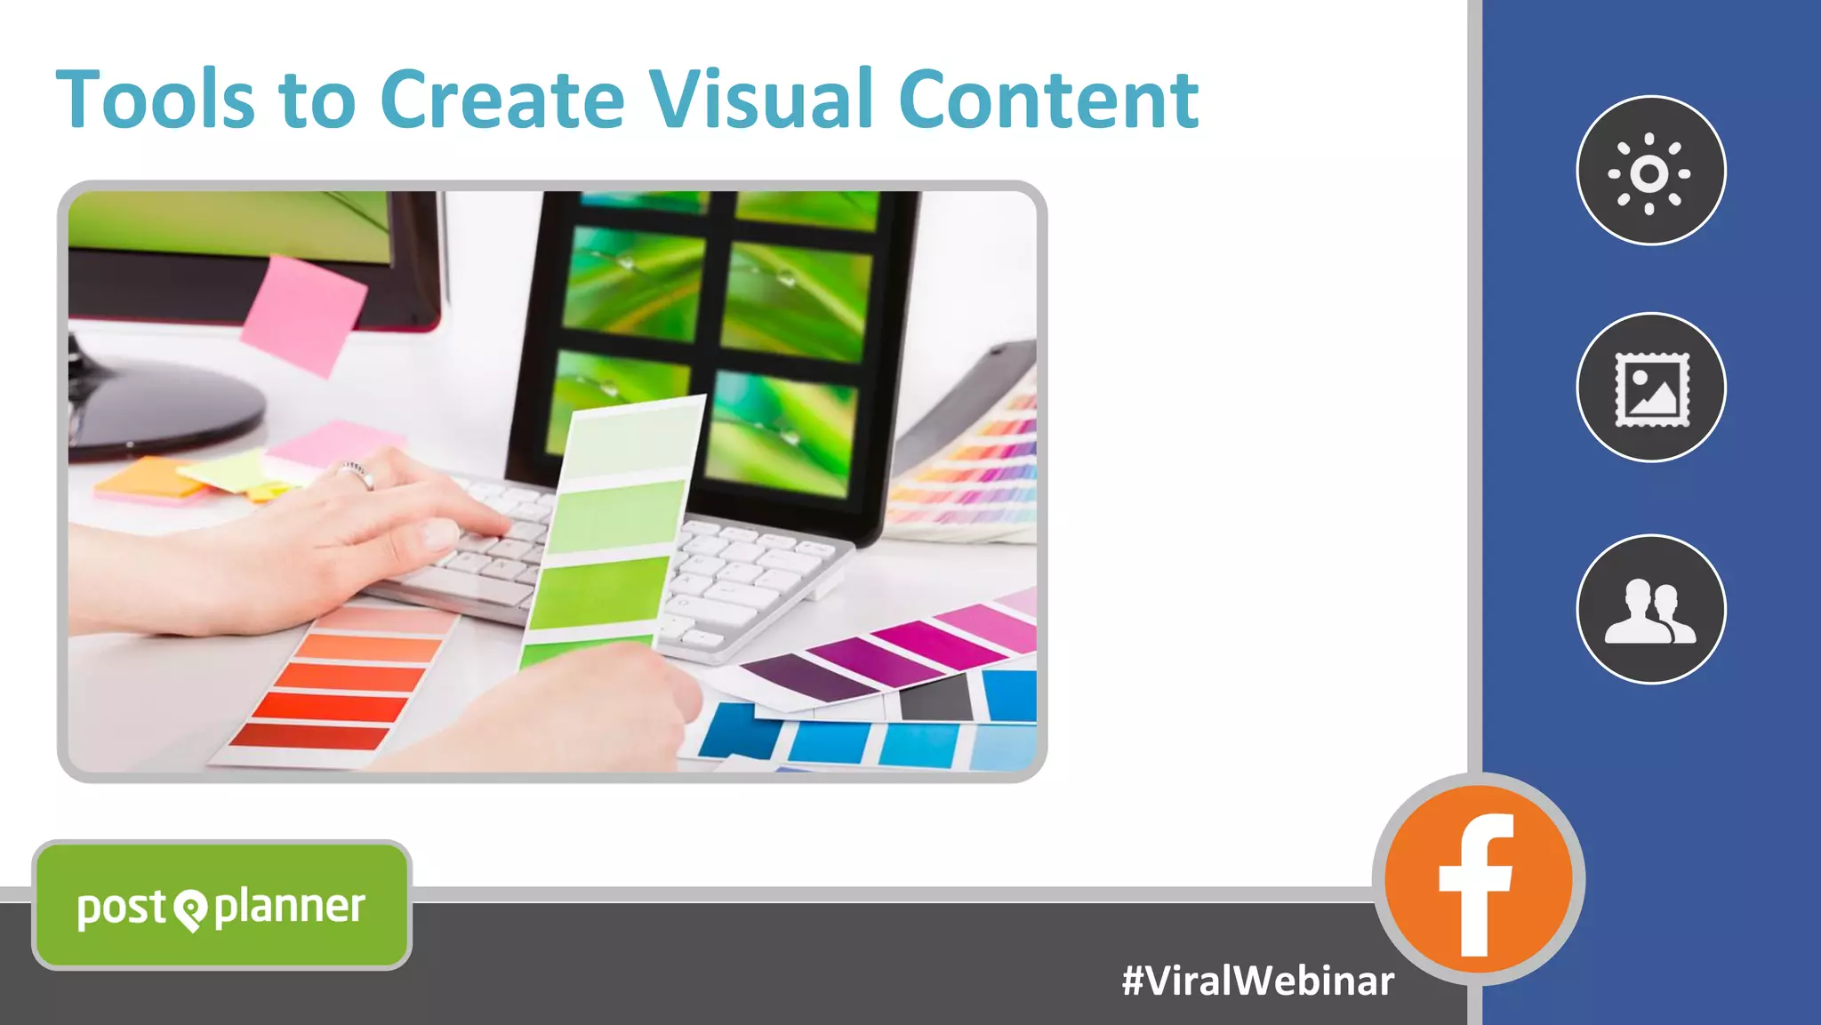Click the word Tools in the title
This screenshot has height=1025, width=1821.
[156, 100]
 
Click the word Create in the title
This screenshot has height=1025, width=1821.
[502, 100]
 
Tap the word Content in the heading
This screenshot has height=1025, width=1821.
[1048, 100]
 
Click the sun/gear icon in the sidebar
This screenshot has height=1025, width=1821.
[1650, 171]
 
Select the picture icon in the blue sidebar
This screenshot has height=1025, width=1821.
[1650, 388]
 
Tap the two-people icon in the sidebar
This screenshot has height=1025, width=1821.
[1650, 610]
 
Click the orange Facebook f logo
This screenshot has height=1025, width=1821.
[1478, 879]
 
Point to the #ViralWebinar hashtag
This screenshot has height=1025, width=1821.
[1257, 981]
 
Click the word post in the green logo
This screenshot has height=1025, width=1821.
[121, 908]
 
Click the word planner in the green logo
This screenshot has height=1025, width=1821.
[290, 908]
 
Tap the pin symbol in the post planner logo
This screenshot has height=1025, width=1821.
[190, 909]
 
